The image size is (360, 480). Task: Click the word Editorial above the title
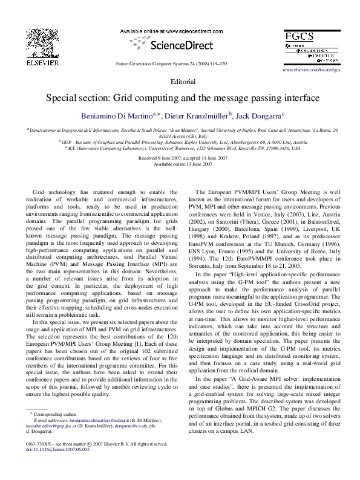[x=183, y=81]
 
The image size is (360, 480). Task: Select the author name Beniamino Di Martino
[x=116, y=114]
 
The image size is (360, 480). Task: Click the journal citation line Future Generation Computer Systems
[x=172, y=63]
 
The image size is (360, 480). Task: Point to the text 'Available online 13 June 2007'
[x=183, y=164]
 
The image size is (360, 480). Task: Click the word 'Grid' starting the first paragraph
[x=39, y=191]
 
